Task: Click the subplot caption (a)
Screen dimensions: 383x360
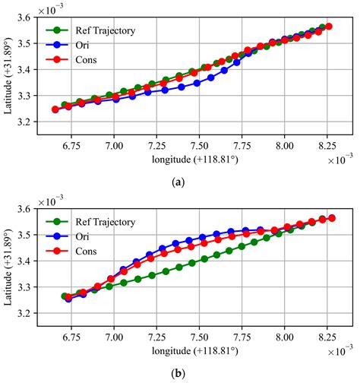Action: click(179, 182)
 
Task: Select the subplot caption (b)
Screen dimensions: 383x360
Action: click(179, 374)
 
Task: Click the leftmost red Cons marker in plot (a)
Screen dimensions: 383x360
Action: click(55, 109)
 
